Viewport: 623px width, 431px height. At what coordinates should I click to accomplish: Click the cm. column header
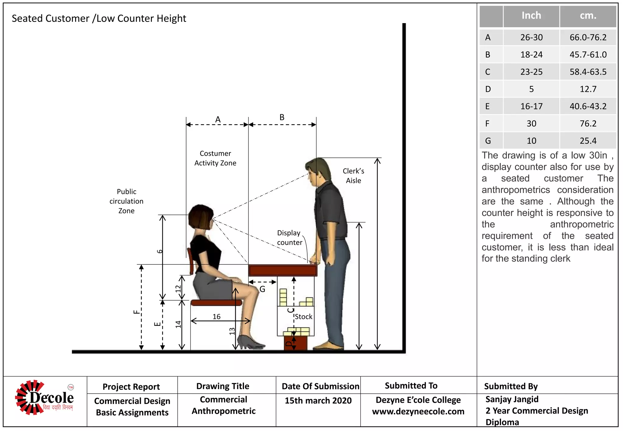pos(588,16)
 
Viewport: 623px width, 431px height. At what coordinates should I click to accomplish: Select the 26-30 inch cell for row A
pos(531,37)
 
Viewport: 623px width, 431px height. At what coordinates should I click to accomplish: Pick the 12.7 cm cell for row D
pos(588,89)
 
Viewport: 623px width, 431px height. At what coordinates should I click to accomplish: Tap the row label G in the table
pos(488,141)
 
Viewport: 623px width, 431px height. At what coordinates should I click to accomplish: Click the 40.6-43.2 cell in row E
pos(588,106)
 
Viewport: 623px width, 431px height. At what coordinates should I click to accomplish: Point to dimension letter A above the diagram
pos(218,119)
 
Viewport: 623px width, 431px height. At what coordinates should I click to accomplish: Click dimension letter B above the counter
pos(282,117)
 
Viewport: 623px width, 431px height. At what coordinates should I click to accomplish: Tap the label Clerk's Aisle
pos(353,176)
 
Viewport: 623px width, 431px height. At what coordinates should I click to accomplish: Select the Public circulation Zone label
pos(127,201)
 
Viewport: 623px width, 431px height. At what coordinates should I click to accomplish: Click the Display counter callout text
pos(289,238)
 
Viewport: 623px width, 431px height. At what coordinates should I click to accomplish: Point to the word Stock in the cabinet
pos(303,317)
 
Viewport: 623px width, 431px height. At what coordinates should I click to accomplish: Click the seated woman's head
pos(200,216)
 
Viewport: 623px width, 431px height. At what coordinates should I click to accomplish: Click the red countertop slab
pos(283,270)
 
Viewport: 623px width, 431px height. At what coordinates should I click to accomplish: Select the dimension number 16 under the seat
pos(217,317)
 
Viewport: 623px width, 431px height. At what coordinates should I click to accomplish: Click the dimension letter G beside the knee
pos(263,289)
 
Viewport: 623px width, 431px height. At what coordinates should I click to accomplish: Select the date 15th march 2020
pos(318,401)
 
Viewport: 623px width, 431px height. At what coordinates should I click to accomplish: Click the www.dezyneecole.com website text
pos(418,412)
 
